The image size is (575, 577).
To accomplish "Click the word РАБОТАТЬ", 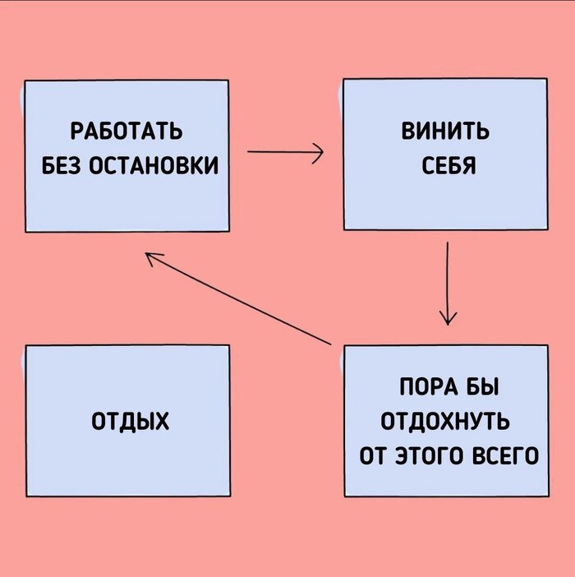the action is click(x=126, y=132).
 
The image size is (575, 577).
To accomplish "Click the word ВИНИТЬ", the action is click(x=445, y=131).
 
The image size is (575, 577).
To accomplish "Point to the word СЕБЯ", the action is click(x=448, y=165).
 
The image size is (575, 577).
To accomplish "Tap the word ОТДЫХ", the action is click(x=130, y=421).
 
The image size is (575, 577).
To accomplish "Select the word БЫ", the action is click(x=483, y=387).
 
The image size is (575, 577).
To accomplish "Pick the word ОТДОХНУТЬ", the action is click(x=445, y=421).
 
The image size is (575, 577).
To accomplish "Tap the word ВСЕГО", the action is click(x=505, y=455).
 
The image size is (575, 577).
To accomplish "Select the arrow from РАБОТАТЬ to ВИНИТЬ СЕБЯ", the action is click(x=285, y=151).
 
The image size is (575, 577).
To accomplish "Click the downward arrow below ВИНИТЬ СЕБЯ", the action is click(x=448, y=284).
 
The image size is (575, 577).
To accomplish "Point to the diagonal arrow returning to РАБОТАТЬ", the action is click(x=238, y=298).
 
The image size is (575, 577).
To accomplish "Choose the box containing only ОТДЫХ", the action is click(x=128, y=421).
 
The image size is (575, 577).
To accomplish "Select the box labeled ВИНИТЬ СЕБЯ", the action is click(x=445, y=155).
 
